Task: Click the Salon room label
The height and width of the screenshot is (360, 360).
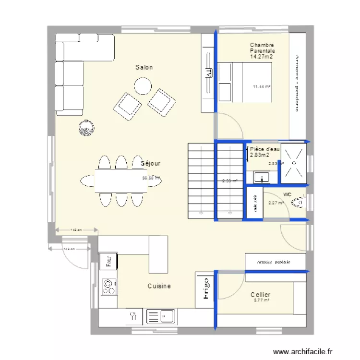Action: click(144, 67)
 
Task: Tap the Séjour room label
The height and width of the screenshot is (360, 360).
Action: click(151, 163)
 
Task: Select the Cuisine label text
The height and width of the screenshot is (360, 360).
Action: click(159, 286)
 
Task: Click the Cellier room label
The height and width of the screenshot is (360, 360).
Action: click(260, 295)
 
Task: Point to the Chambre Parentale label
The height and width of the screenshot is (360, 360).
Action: click(262, 48)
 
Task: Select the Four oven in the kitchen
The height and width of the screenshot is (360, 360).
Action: click(108, 261)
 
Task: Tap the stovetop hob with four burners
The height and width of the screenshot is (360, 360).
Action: click(109, 287)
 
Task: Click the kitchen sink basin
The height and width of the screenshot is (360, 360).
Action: click(161, 316)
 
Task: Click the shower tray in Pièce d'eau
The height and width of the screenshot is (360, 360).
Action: click(293, 163)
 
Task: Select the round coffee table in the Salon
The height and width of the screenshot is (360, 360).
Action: click(143, 86)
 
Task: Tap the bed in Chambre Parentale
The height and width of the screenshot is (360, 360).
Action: click(245, 83)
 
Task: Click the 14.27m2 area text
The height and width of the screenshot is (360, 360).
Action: click(261, 57)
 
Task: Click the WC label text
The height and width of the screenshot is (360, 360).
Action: click(288, 194)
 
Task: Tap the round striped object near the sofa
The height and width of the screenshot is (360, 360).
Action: click(86, 127)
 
